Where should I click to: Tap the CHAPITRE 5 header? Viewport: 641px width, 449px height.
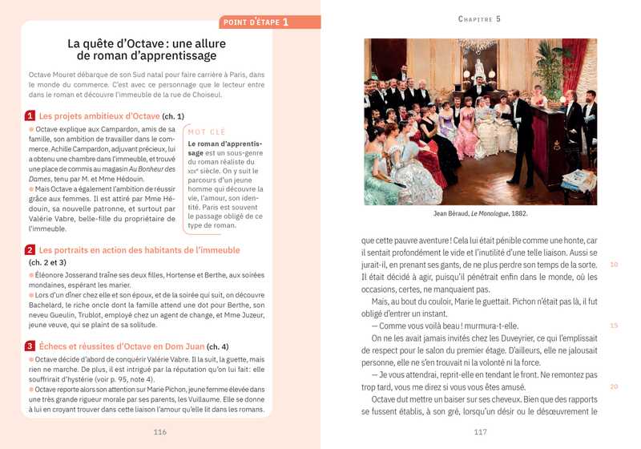click(x=479, y=19)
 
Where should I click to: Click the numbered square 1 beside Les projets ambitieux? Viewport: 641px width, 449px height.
click(x=30, y=115)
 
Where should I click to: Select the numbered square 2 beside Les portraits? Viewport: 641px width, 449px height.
click(x=30, y=250)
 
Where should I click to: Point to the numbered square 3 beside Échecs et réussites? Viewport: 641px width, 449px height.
click(x=30, y=346)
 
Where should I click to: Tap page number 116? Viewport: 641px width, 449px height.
click(x=159, y=431)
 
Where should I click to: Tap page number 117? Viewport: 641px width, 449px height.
click(x=480, y=431)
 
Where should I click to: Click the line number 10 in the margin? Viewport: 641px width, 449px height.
click(x=614, y=264)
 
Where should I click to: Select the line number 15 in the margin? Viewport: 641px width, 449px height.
click(x=614, y=326)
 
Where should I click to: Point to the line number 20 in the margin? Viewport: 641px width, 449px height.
click(x=614, y=386)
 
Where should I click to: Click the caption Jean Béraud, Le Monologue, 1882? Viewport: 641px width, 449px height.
click(x=480, y=214)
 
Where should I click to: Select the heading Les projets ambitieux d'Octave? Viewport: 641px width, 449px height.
click(x=99, y=115)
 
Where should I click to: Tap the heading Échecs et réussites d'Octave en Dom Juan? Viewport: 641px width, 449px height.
click(x=122, y=346)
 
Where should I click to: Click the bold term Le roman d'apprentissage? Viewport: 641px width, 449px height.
click(x=213, y=148)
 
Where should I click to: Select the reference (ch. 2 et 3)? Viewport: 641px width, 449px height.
click(x=48, y=262)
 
